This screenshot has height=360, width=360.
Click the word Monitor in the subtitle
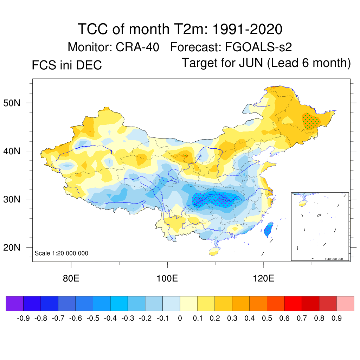click(89, 47)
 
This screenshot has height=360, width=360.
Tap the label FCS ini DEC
click(67, 65)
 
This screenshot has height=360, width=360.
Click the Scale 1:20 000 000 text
click(62, 253)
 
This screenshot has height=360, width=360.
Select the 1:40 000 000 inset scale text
click(336, 259)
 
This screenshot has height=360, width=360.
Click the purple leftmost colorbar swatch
click(15, 303)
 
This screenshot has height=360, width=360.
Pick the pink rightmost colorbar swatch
click(345, 303)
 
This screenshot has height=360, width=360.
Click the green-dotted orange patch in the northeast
click(311, 121)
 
